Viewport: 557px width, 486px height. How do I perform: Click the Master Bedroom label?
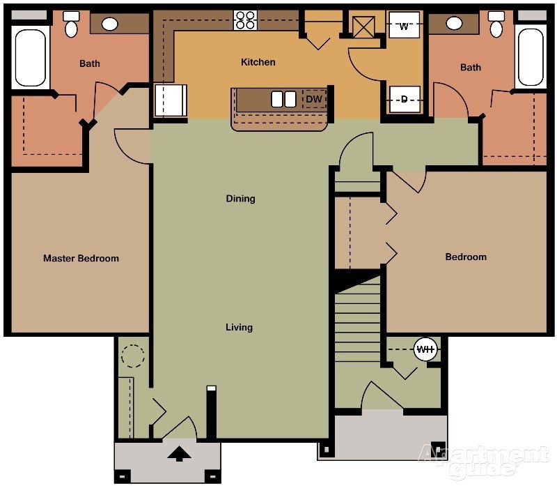pyautogui.click(x=81, y=258)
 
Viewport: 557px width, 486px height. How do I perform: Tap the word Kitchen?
pyautogui.click(x=258, y=62)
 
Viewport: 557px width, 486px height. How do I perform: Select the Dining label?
pyautogui.click(x=240, y=199)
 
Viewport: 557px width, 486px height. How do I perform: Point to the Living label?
pyautogui.click(x=239, y=327)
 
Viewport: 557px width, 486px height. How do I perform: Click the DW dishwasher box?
pyautogui.click(x=314, y=100)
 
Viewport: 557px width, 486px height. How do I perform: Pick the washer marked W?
pyautogui.click(x=404, y=27)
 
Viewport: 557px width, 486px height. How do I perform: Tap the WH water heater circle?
pyautogui.click(x=425, y=349)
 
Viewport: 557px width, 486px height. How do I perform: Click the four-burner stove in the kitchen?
pyautogui.click(x=246, y=20)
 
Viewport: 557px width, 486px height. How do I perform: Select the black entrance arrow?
pyautogui.click(x=180, y=454)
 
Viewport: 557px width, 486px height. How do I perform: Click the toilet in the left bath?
pyautogui.click(x=71, y=25)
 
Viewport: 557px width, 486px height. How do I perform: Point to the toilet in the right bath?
pyautogui.click(x=496, y=25)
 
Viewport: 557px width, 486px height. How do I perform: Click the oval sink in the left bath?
pyautogui.click(x=109, y=24)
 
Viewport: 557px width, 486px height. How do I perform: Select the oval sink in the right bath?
pyautogui.click(x=454, y=24)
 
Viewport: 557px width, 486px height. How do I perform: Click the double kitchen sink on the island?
pyautogui.click(x=283, y=99)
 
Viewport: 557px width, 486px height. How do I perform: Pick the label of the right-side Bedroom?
pyautogui.click(x=466, y=257)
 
